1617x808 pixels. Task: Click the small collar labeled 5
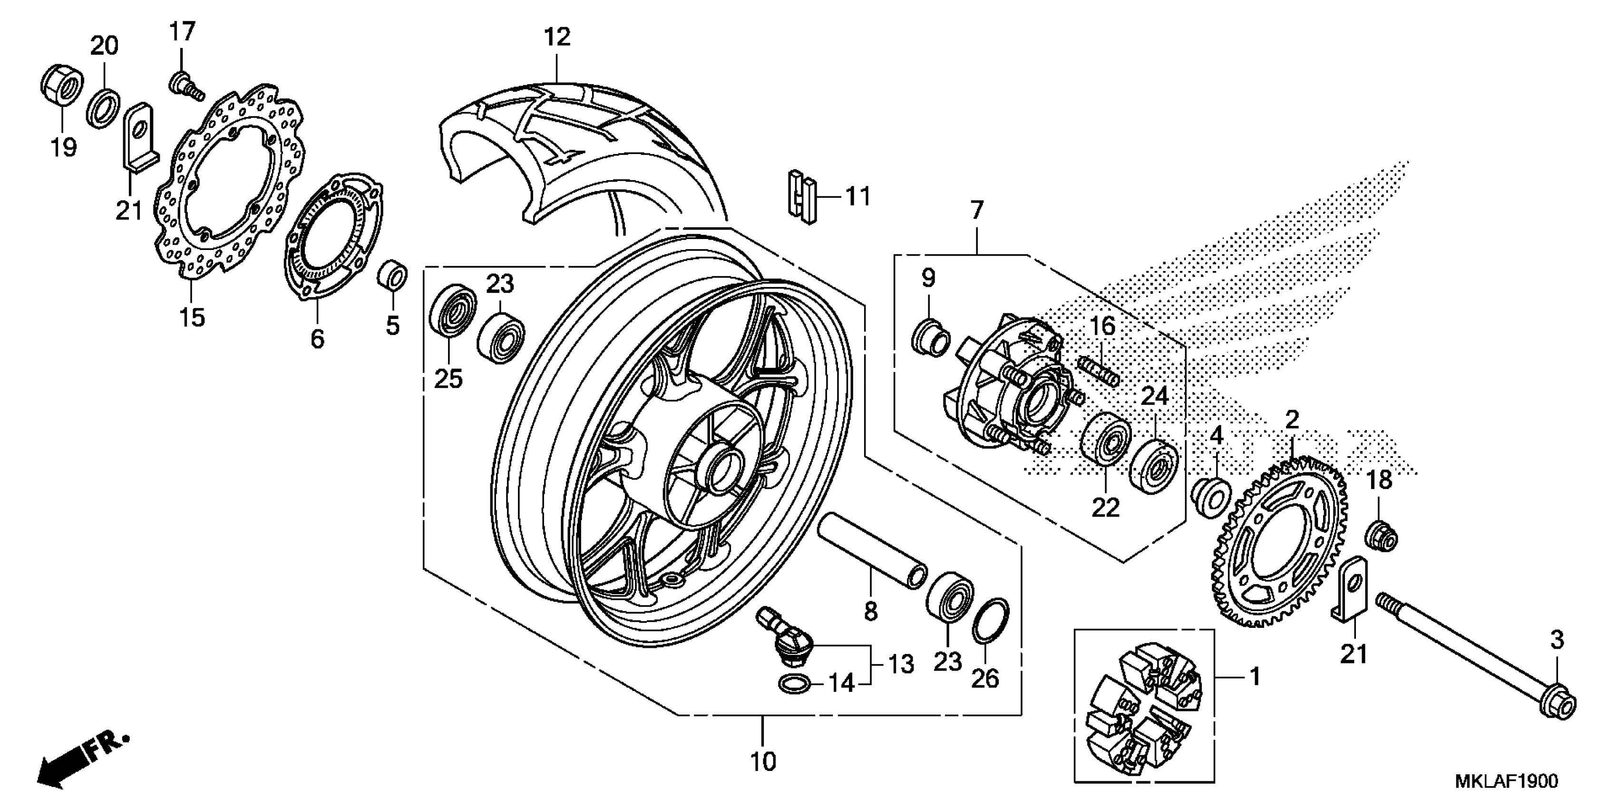pos(393,275)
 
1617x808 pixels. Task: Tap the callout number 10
pos(763,761)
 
